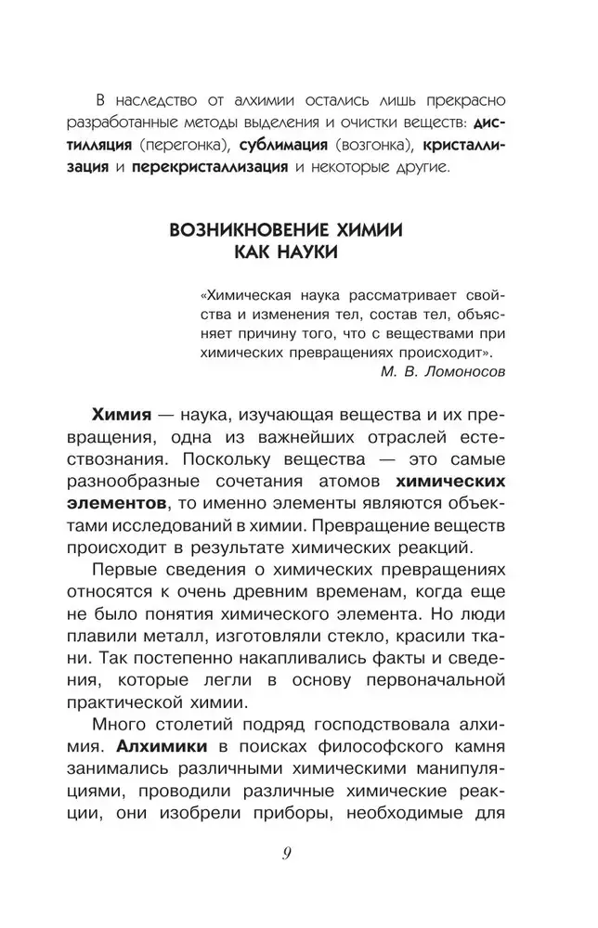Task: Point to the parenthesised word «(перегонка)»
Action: tap(184, 146)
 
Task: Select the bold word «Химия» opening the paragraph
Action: tap(122, 412)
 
